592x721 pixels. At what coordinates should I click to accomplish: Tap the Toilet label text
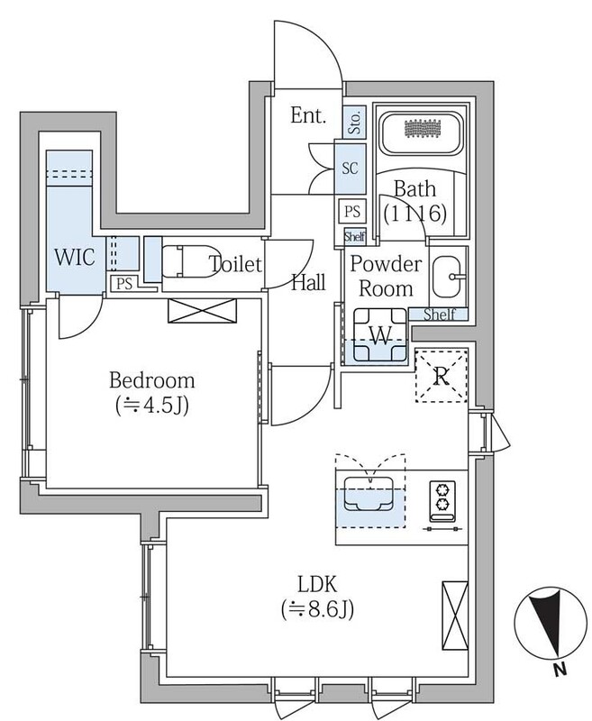coord(235,265)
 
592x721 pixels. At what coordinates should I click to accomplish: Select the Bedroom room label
coord(152,379)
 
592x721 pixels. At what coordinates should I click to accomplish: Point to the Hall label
coord(308,282)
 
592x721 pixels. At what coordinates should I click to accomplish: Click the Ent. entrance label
coord(306,116)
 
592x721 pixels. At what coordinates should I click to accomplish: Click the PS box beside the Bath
coord(352,212)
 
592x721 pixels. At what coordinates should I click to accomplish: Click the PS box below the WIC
coord(123,283)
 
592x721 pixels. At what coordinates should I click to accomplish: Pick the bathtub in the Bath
coord(417,134)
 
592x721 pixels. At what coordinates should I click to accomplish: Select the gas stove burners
coord(443,500)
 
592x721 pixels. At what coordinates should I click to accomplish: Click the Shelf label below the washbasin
coord(439,314)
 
